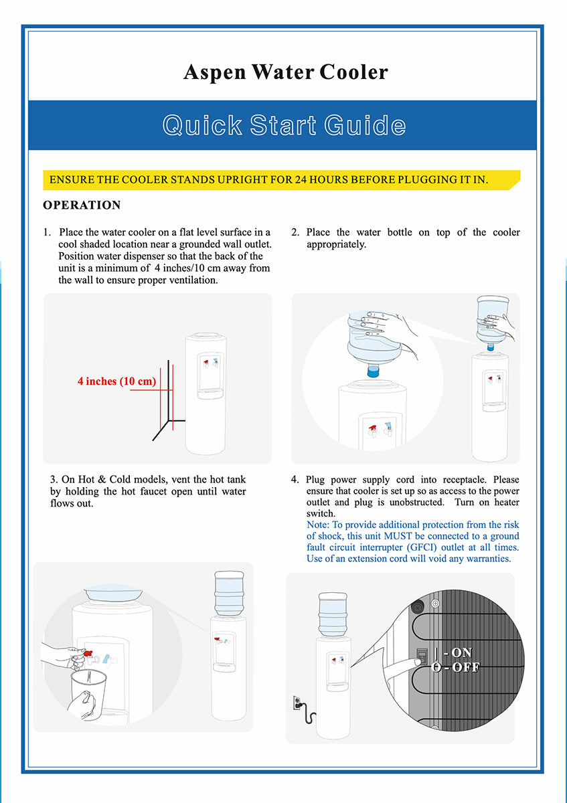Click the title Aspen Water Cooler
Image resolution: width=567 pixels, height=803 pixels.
[285, 72]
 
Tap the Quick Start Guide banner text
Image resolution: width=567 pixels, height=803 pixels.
[284, 125]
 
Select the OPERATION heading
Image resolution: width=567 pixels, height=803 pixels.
[82, 205]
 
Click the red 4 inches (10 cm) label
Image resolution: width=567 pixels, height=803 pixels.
[116, 381]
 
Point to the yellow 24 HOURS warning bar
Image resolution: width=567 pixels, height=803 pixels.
[281, 180]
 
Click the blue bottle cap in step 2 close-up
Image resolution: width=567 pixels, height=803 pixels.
[373, 371]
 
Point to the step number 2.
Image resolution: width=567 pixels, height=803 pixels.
[295, 233]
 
